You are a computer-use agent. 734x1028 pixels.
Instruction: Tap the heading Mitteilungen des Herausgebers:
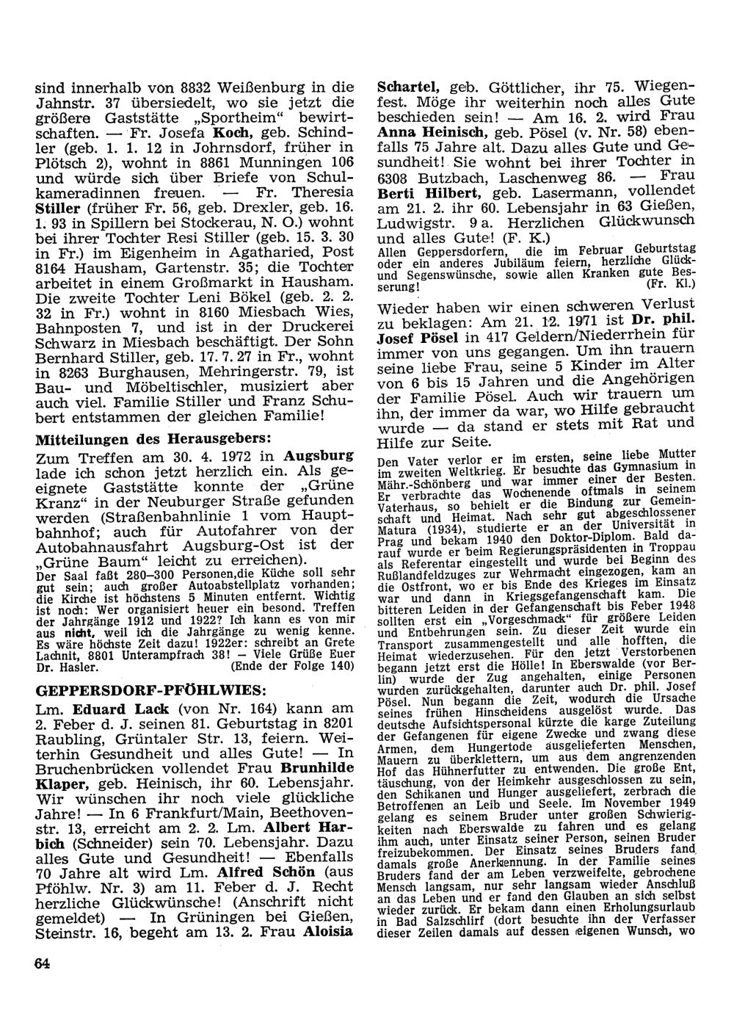153,439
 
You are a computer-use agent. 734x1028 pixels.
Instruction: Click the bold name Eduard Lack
121,709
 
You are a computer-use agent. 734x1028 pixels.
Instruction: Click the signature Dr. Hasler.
66,667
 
